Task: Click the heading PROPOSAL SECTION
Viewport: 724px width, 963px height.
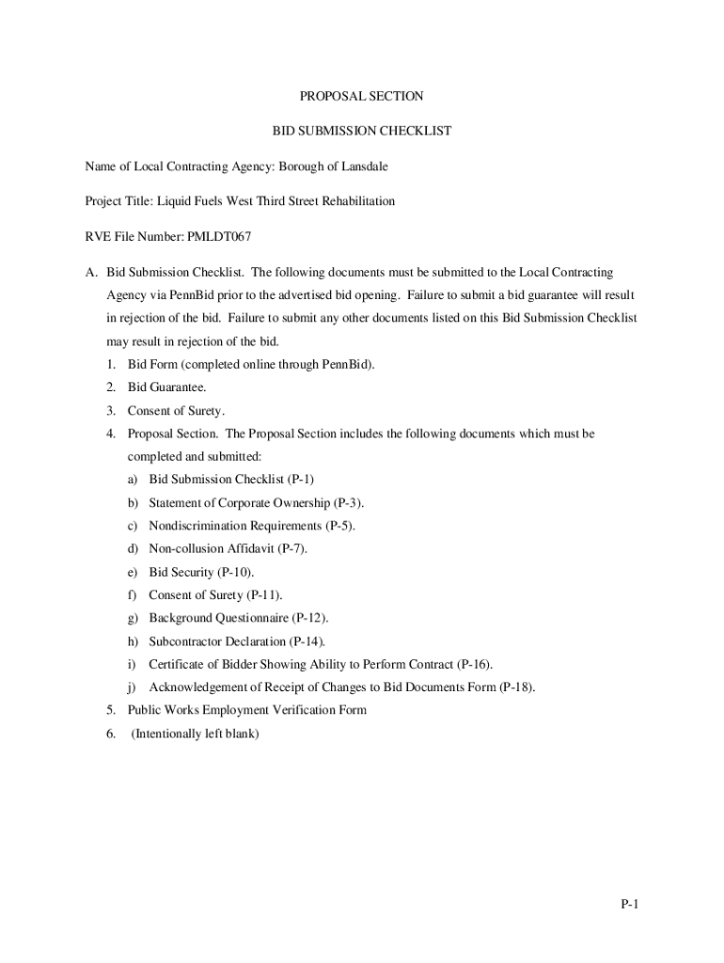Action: point(361,96)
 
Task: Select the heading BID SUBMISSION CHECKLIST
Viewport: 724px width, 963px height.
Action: point(361,131)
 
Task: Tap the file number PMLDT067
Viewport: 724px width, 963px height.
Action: point(219,236)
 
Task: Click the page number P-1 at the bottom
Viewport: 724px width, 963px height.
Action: point(629,905)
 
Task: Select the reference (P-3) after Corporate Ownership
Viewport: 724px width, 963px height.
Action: point(348,503)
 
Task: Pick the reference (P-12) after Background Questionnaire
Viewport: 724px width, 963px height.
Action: point(309,618)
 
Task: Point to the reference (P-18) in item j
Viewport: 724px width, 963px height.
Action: point(517,687)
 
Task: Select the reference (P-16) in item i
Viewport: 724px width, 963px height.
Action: point(475,664)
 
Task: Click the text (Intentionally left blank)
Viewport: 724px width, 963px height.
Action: point(195,734)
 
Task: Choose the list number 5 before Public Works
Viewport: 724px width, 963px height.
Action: point(110,710)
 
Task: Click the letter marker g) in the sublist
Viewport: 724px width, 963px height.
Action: point(133,618)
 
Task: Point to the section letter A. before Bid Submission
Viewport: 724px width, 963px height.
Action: point(91,273)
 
